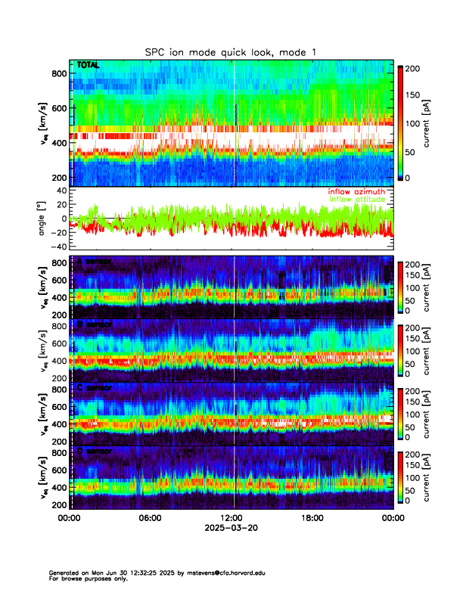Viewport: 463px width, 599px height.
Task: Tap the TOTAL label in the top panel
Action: coord(89,66)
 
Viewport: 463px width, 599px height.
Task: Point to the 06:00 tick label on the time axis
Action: coord(150,518)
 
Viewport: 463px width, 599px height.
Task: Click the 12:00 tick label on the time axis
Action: coord(231,518)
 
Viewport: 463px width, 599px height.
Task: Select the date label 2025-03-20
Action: coord(231,528)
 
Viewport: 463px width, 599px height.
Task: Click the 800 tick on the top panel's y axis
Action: coord(57,73)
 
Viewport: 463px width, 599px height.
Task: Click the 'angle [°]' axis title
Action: coord(43,218)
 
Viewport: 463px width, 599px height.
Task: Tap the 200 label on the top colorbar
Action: coord(414,67)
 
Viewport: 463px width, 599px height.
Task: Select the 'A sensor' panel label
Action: coord(96,262)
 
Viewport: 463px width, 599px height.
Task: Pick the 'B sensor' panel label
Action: coord(96,325)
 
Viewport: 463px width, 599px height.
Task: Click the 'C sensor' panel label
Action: coord(96,388)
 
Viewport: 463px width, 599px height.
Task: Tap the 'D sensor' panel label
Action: coord(96,451)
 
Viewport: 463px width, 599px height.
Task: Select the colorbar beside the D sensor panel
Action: coord(400,476)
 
